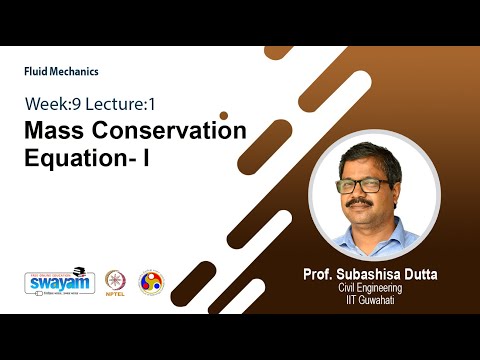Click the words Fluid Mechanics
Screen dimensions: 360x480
61,72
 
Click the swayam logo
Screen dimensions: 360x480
60,281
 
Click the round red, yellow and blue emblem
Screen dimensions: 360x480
150,282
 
